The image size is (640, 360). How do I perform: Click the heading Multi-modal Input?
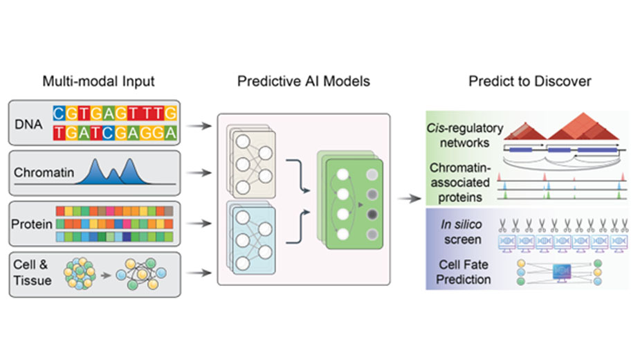coord(98,82)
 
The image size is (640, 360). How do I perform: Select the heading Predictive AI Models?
coord(304,82)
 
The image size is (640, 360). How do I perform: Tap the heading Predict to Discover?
coord(529,82)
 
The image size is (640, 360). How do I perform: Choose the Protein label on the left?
coord(33,224)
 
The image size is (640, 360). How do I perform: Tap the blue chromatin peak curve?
coord(113,172)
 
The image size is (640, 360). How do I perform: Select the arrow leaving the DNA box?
coord(201,126)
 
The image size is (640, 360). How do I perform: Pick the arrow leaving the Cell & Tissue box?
coord(201,273)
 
